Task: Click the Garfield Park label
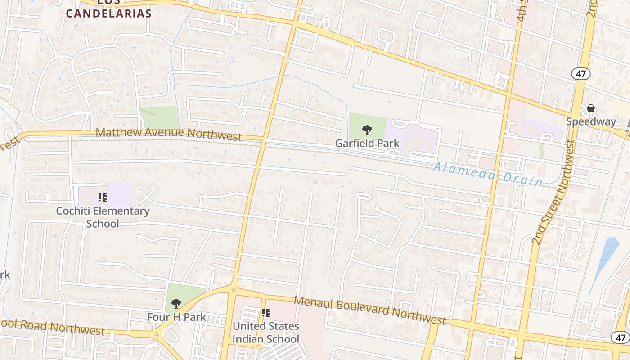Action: [367, 144]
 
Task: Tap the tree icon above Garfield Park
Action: [367, 130]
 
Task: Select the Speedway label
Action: [590, 121]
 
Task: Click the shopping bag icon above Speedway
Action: [591, 108]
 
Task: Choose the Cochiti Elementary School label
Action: [103, 217]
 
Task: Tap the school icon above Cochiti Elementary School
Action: [103, 197]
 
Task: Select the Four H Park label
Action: [176, 317]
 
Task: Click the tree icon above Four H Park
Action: [176, 304]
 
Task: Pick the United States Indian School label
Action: [265, 332]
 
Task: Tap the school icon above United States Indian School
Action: [265, 312]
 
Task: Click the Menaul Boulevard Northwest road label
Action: [370, 310]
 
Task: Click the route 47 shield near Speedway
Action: [581, 73]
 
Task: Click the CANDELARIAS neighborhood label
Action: [109, 13]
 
